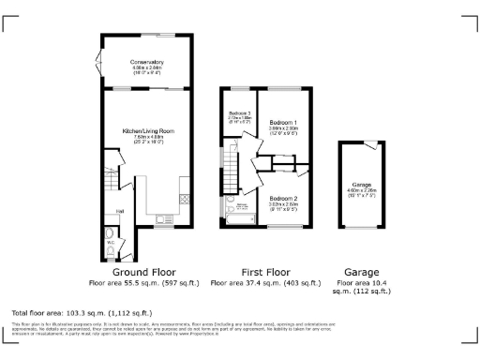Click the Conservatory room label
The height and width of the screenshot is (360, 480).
(x=146, y=63)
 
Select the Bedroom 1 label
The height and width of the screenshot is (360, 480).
(x=283, y=123)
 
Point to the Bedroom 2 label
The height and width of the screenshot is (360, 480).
(x=283, y=199)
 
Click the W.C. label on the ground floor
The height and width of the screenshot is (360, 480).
(x=111, y=241)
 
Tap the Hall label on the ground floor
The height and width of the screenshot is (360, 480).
(x=120, y=212)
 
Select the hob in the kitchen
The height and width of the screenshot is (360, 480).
(x=184, y=198)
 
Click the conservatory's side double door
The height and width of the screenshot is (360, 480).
(x=100, y=63)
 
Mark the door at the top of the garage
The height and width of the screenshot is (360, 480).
(x=371, y=145)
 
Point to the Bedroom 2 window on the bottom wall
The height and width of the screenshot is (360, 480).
(x=284, y=228)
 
